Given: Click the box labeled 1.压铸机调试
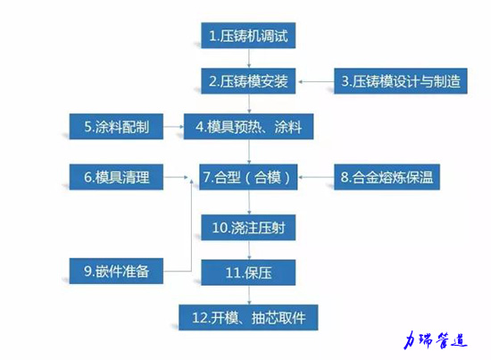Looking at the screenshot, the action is [x=248, y=36].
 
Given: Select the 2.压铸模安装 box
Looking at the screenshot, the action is [x=248, y=81].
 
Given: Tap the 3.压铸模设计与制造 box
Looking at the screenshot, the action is [x=401, y=81].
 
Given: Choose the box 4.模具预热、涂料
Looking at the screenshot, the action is [x=248, y=127].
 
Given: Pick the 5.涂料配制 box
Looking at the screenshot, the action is [x=116, y=127].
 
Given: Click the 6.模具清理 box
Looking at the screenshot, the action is [x=116, y=177].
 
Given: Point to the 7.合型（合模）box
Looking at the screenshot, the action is [x=248, y=177].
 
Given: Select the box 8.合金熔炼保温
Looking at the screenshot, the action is [x=387, y=177].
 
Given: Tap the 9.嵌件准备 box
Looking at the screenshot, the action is [x=116, y=271].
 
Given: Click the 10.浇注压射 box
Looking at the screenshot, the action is [x=248, y=228].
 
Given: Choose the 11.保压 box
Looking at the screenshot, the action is [x=248, y=272].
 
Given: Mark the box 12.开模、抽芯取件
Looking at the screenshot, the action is [x=248, y=317].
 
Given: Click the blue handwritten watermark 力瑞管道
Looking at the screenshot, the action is [x=436, y=340].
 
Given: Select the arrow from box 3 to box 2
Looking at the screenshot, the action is [x=316, y=82].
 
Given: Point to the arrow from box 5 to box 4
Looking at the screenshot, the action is [x=173, y=127].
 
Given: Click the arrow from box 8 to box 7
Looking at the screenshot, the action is [x=316, y=177].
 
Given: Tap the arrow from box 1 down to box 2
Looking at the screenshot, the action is [x=249, y=58].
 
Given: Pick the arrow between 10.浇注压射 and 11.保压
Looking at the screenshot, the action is [x=249, y=250].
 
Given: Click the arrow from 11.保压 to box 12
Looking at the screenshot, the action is [x=249, y=295].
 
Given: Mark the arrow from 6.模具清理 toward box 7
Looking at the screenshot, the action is [x=176, y=177].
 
